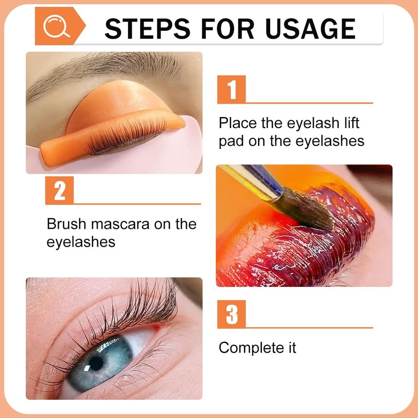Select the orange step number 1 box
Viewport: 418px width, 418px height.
coord(231,89)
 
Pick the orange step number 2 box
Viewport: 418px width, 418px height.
coord(60,191)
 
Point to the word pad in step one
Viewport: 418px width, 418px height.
coord(230,142)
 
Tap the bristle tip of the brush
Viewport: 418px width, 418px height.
coord(313,212)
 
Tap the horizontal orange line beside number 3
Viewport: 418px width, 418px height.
coord(308,328)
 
